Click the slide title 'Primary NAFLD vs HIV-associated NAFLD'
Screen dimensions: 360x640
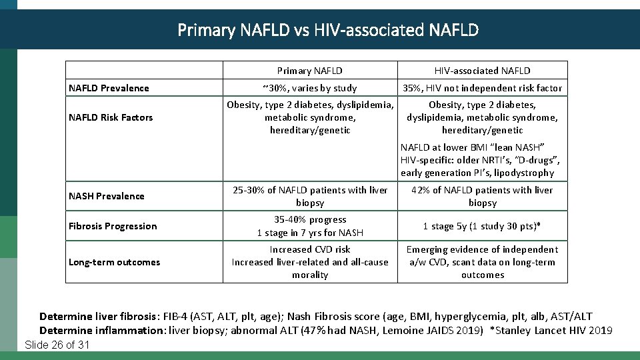(328, 30)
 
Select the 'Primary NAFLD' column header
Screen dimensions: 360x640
(310, 71)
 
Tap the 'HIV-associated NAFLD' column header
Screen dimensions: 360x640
(482, 71)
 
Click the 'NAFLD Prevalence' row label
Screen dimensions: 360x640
(109, 88)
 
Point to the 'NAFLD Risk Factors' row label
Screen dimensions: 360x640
(111, 117)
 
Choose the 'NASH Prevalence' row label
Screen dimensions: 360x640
(106, 196)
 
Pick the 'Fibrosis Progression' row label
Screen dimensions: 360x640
(113, 226)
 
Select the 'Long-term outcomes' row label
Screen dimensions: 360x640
(114, 262)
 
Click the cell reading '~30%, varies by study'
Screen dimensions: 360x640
(310, 88)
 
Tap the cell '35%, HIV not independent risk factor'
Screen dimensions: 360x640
(482, 88)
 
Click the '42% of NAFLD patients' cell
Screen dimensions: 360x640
(482, 196)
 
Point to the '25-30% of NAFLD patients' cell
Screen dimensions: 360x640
(310, 196)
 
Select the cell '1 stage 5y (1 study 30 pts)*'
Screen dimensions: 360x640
(482, 226)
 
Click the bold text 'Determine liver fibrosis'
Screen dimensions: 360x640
(99, 317)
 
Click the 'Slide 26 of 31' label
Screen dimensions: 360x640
(57, 345)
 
